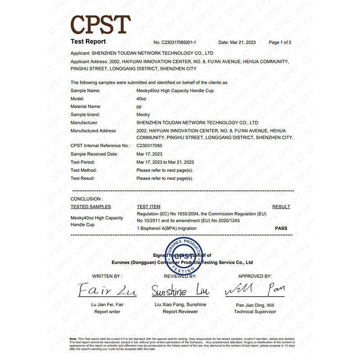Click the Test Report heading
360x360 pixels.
point(88,42)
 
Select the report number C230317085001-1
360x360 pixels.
point(175,42)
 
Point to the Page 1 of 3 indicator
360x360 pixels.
point(280,42)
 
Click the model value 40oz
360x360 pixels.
point(141,99)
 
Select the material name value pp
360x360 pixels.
point(139,107)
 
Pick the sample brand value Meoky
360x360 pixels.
point(143,115)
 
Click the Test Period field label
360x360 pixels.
point(83,162)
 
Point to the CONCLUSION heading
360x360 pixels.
point(86,198)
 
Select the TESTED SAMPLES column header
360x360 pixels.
point(90,207)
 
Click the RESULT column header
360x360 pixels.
point(281,207)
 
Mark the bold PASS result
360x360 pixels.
point(281,228)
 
